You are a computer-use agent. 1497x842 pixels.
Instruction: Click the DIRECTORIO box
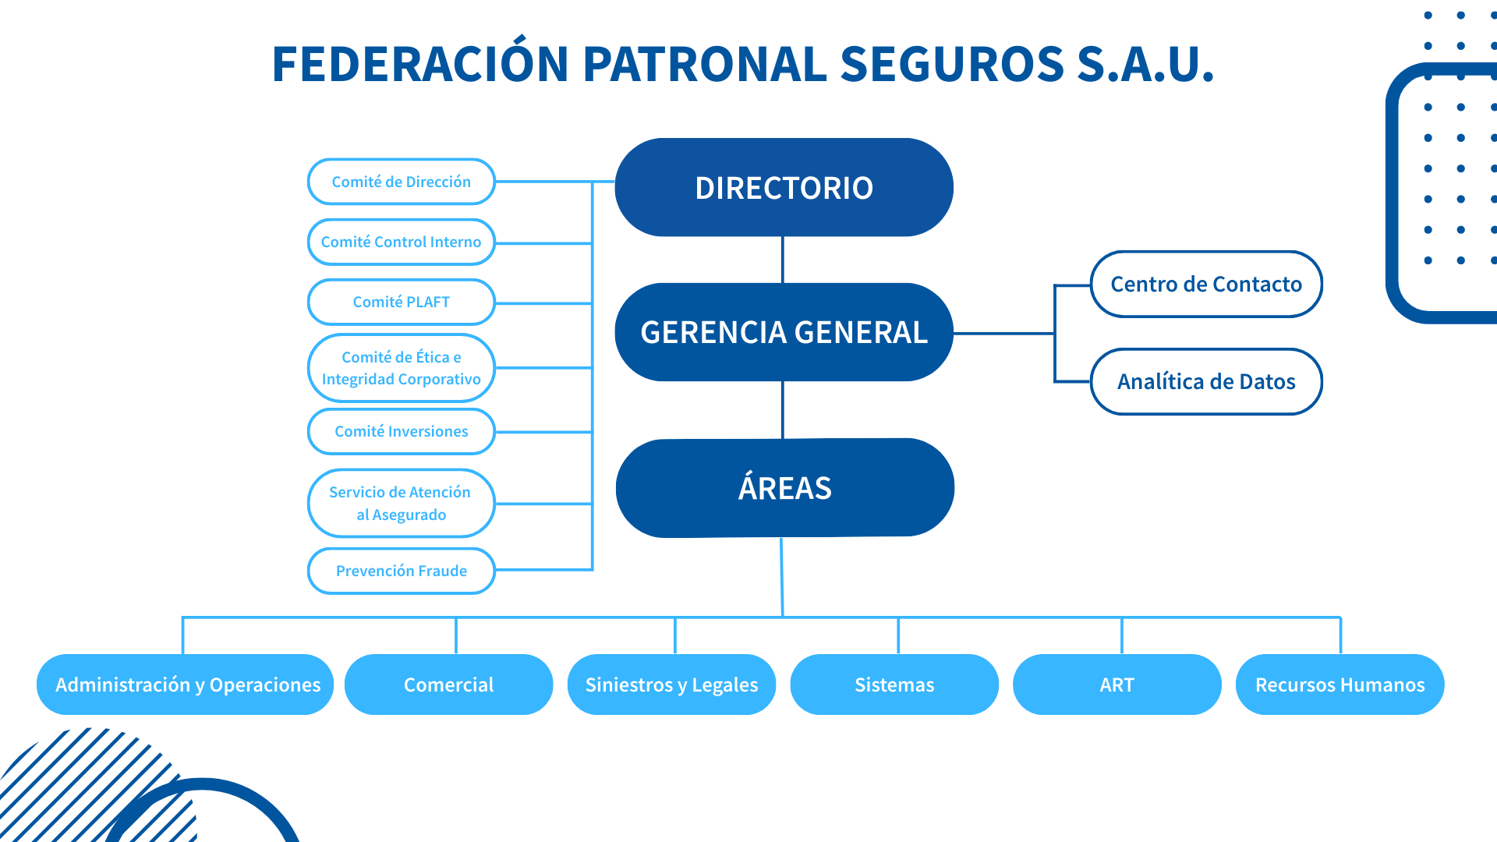(784, 188)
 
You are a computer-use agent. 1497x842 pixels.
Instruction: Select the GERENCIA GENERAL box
(784, 332)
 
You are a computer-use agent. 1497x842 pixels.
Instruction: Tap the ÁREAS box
(784, 488)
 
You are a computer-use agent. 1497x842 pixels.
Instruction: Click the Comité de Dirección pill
(402, 182)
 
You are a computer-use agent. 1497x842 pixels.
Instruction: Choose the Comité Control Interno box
(402, 242)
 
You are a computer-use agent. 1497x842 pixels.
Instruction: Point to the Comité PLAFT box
(402, 302)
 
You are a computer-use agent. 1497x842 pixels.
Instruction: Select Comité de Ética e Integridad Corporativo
(402, 368)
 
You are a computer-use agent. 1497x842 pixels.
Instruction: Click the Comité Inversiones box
(402, 431)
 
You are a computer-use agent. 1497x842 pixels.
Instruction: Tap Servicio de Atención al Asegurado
(402, 503)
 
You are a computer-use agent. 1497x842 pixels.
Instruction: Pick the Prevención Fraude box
(402, 571)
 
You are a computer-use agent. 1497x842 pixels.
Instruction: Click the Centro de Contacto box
(1206, 284)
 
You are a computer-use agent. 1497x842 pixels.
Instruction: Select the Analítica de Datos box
(1206, 381)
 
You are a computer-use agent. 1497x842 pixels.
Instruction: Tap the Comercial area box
(448, 685)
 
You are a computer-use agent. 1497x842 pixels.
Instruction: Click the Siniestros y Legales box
(671, 685)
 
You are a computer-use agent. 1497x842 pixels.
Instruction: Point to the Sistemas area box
(894, 685)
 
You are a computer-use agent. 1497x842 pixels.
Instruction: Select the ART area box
(1117, 685)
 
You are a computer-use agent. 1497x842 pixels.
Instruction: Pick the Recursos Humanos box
(1340, 685)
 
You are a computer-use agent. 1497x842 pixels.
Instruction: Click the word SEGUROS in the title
(952, 64)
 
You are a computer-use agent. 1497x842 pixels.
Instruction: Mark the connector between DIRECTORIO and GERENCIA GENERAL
(783, 260)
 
